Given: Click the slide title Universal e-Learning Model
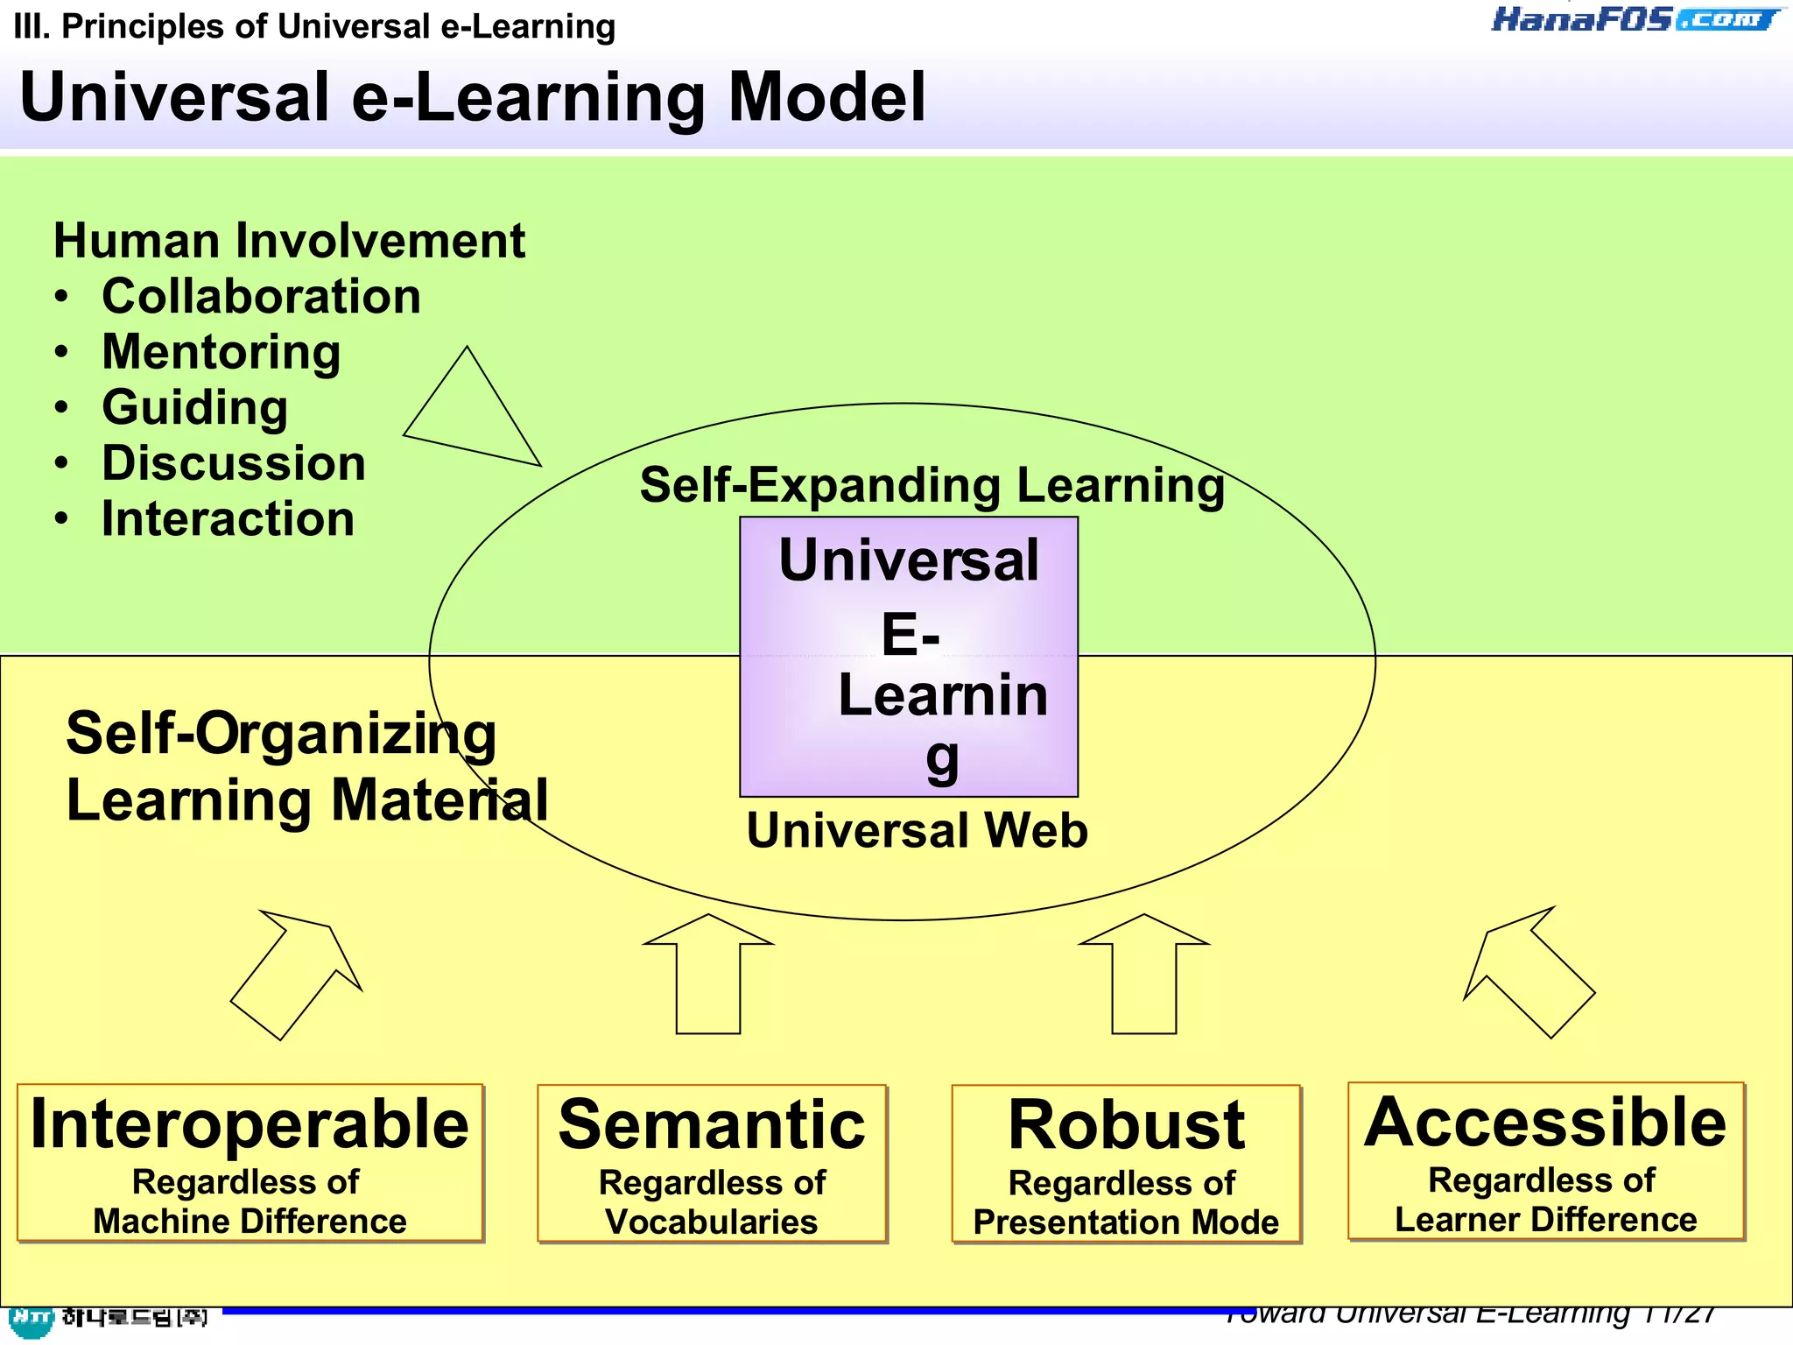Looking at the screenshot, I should pos(473,97).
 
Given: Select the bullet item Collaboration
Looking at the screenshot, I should pos(261,296).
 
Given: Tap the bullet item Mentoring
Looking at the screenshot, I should pos(221,352).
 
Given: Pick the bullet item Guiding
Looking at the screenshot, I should pos(194,407).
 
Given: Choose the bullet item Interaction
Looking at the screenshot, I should pos(228,518).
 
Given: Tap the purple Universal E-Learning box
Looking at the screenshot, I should pos(909,657).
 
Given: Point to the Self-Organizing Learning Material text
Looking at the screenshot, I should pos(306,766).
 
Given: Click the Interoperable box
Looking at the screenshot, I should pos(250,1163).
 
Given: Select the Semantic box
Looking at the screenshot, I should pos(712,1164).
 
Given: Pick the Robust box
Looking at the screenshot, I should pos(1126,1164).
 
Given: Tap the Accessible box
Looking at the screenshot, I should pos(1546,1161).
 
